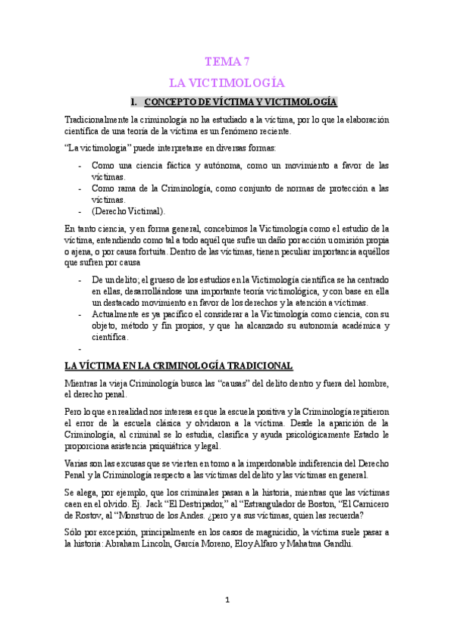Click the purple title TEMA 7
tap(227, 62)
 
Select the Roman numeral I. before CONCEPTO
tap(134, 101)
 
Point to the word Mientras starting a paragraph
tap(83, 384)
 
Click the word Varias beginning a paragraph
tap(78, 464)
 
